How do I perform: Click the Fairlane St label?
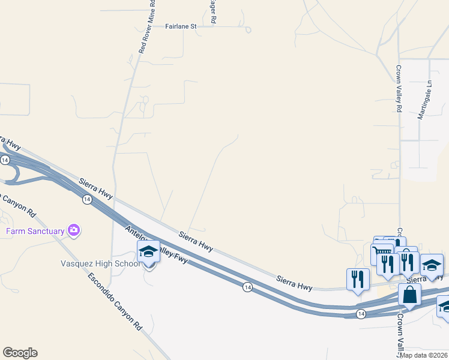(x=181, y=26)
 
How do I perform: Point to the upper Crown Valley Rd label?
(x=398, y=89)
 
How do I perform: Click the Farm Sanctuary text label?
(x=35, y=231)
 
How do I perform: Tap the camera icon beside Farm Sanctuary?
(x=74, y=230)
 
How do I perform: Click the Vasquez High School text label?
(x=101, y=263)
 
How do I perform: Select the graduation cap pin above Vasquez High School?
(x=148, y=253)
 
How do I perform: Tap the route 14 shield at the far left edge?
(x=5, y=160)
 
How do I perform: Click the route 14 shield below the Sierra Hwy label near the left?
(x=87, y=199)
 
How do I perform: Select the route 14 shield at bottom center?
(x=247, y=288)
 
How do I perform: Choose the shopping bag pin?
(x=409, y=295)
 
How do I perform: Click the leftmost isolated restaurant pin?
(x=358, y=279)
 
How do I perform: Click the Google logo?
(x=20, y=353)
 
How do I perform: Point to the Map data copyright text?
(x=424, y=355)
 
